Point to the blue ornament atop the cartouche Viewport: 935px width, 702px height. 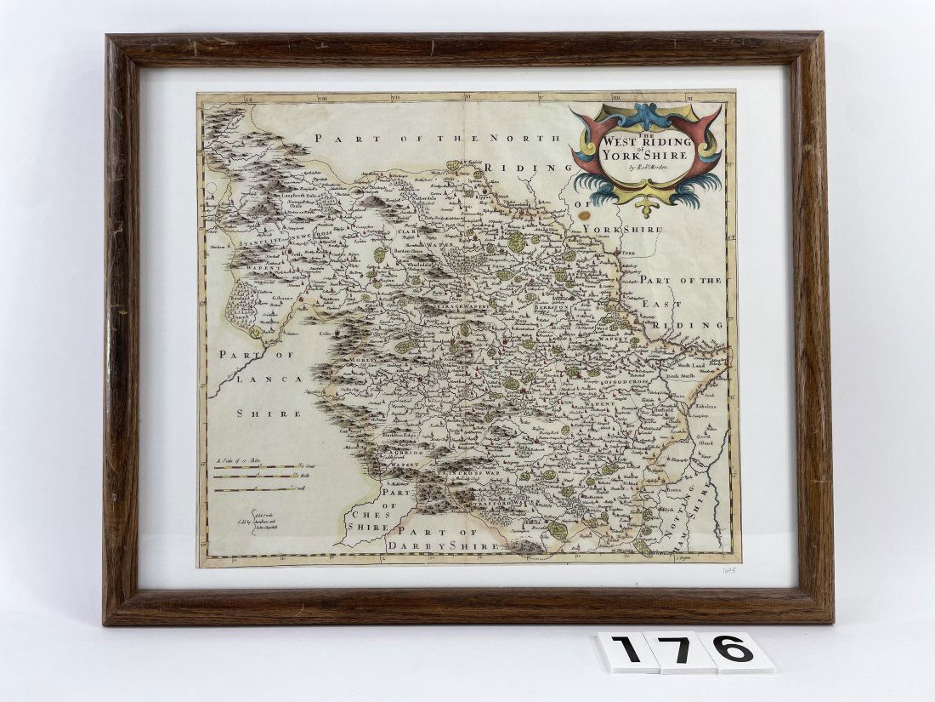coord(645,114)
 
